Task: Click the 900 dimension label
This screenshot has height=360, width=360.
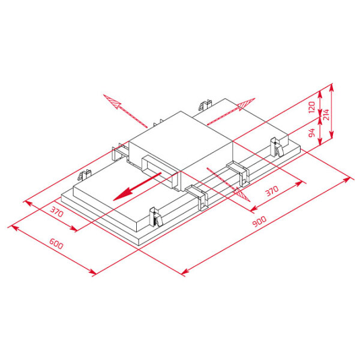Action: (259, 221)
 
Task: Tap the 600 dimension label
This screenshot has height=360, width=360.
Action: (56, 244)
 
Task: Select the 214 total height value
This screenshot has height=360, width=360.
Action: (326, 115)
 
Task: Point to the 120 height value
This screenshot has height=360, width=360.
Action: (311, 107)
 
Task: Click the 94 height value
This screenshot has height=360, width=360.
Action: (312, 133)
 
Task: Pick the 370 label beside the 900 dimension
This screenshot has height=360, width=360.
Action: (272, 191)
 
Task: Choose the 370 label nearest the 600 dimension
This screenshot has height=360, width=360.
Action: (56, 212)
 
